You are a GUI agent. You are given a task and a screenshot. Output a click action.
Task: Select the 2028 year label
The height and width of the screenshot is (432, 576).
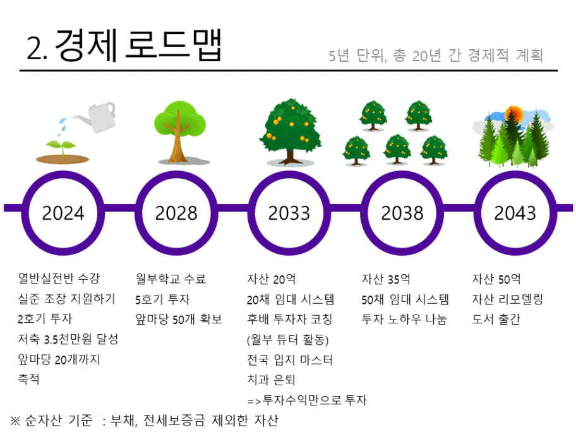pos(176,213)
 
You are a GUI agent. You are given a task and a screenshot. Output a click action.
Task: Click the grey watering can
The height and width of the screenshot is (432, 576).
pos(97,117)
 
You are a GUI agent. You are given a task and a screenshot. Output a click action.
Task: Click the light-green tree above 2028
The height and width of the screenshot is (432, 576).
pos(180,131)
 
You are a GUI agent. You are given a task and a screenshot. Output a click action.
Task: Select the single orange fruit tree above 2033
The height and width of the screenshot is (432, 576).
pos(290,131)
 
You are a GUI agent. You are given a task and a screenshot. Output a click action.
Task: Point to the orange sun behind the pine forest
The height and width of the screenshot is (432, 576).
pos(514,114)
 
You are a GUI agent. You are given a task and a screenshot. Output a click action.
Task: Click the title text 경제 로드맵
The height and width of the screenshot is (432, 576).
pos(138,45)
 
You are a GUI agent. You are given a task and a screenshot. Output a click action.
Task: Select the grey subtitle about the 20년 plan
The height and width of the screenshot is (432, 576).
pos(436,56)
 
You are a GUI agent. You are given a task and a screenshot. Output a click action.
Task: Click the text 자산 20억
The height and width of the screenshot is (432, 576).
pos(271,279)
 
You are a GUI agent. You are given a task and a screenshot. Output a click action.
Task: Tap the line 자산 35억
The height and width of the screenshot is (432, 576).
pos(386,279)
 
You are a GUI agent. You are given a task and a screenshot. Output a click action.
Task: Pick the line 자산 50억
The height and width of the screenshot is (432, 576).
pos(496,279)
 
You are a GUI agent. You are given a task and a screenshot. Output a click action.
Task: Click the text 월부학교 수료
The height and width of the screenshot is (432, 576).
pos(171,279)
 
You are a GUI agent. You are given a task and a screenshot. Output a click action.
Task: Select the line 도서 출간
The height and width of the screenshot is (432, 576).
pos(496,319)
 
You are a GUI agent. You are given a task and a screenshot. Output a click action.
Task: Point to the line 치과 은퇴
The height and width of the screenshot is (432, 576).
pos(271,380)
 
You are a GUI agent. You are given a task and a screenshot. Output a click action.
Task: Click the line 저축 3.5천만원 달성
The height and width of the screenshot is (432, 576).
pos(68,339)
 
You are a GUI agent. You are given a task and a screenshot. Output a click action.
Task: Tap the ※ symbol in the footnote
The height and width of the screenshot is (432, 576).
pos(15,421)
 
